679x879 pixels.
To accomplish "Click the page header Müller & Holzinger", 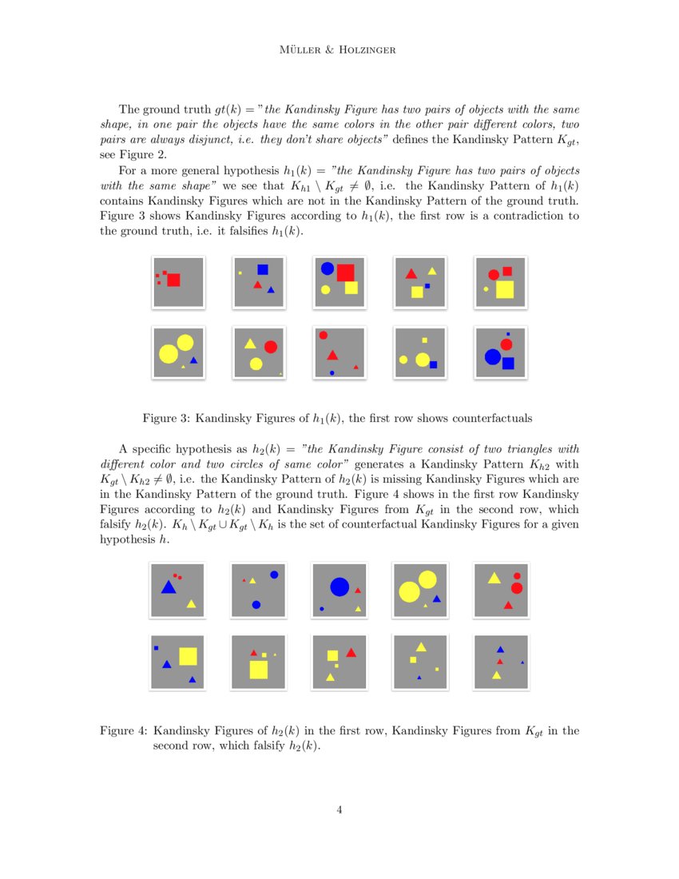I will pyautogui.click(x=339, y=50).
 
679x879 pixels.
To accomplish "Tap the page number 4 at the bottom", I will pyautogui.click(x=339, y=809).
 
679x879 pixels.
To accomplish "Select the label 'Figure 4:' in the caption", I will pyautogui.click(x=123, y=730).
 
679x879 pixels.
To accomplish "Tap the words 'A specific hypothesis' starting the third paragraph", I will pyautogui.click(x=171, y=449).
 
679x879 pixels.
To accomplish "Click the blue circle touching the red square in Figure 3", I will pyautogui.click(x=327, y=268).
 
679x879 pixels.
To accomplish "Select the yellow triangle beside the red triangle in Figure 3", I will pyautogui.click(x=432, y=271).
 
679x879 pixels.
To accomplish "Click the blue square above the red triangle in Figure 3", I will pyautogui.click(x=263, y=269).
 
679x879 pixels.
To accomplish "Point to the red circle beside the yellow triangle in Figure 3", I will pyautogui.click(x=270, y=347).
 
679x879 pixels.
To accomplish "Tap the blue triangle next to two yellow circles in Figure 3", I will pyautogui.click(x=193, y=360).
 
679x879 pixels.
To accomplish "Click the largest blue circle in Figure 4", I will pyautogui.click(x=339, y=587).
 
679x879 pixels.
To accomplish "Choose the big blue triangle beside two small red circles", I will pyautogui.click(x=169, y=587).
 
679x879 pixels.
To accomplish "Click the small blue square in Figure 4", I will pyautogui.click(x=157, y=647).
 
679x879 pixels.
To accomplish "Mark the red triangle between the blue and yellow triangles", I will pyautogui.click(x=500, y=662).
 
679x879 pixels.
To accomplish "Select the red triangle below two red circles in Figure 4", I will pyautogui.click(x=508, y=605).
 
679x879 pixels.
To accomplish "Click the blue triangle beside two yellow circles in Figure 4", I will pyautogui.click(x=436, y=599).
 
